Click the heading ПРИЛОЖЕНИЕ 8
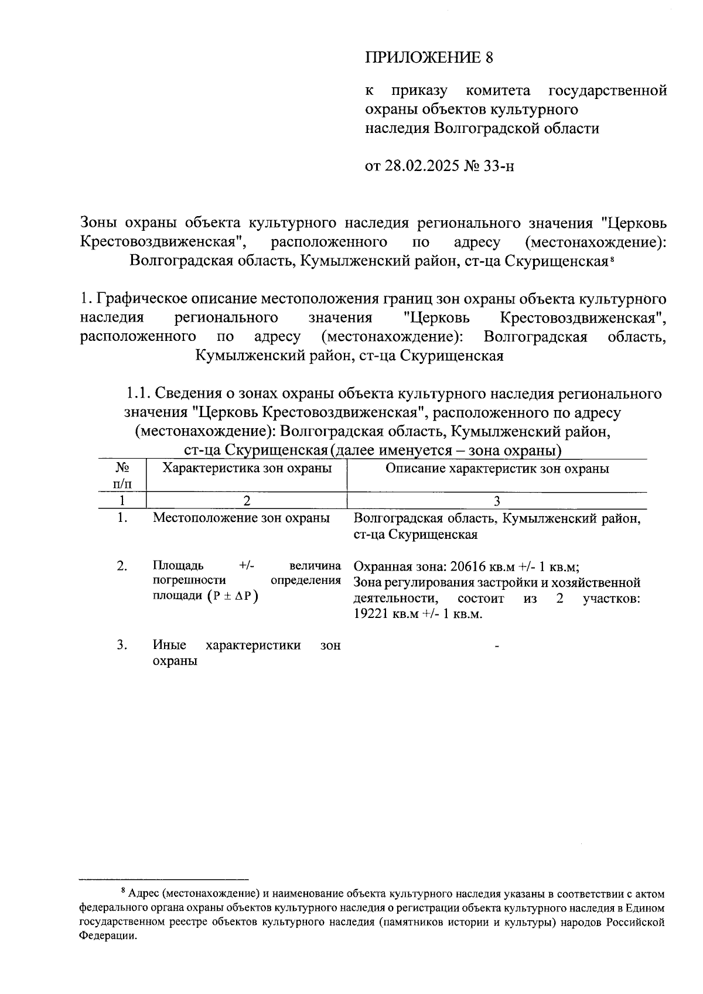click(429, 57)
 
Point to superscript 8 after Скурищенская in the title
click(611, 259)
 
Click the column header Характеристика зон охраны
click(247, 469)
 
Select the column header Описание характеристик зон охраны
click(497, 469)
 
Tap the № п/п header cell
click(122, 476)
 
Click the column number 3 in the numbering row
click(497, 501)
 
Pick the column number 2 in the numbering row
click(247, 501)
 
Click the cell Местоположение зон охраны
click(241, 518)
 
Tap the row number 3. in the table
click(122, 645)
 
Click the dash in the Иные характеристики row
click(497, 646)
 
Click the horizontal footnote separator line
click(164, 879)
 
